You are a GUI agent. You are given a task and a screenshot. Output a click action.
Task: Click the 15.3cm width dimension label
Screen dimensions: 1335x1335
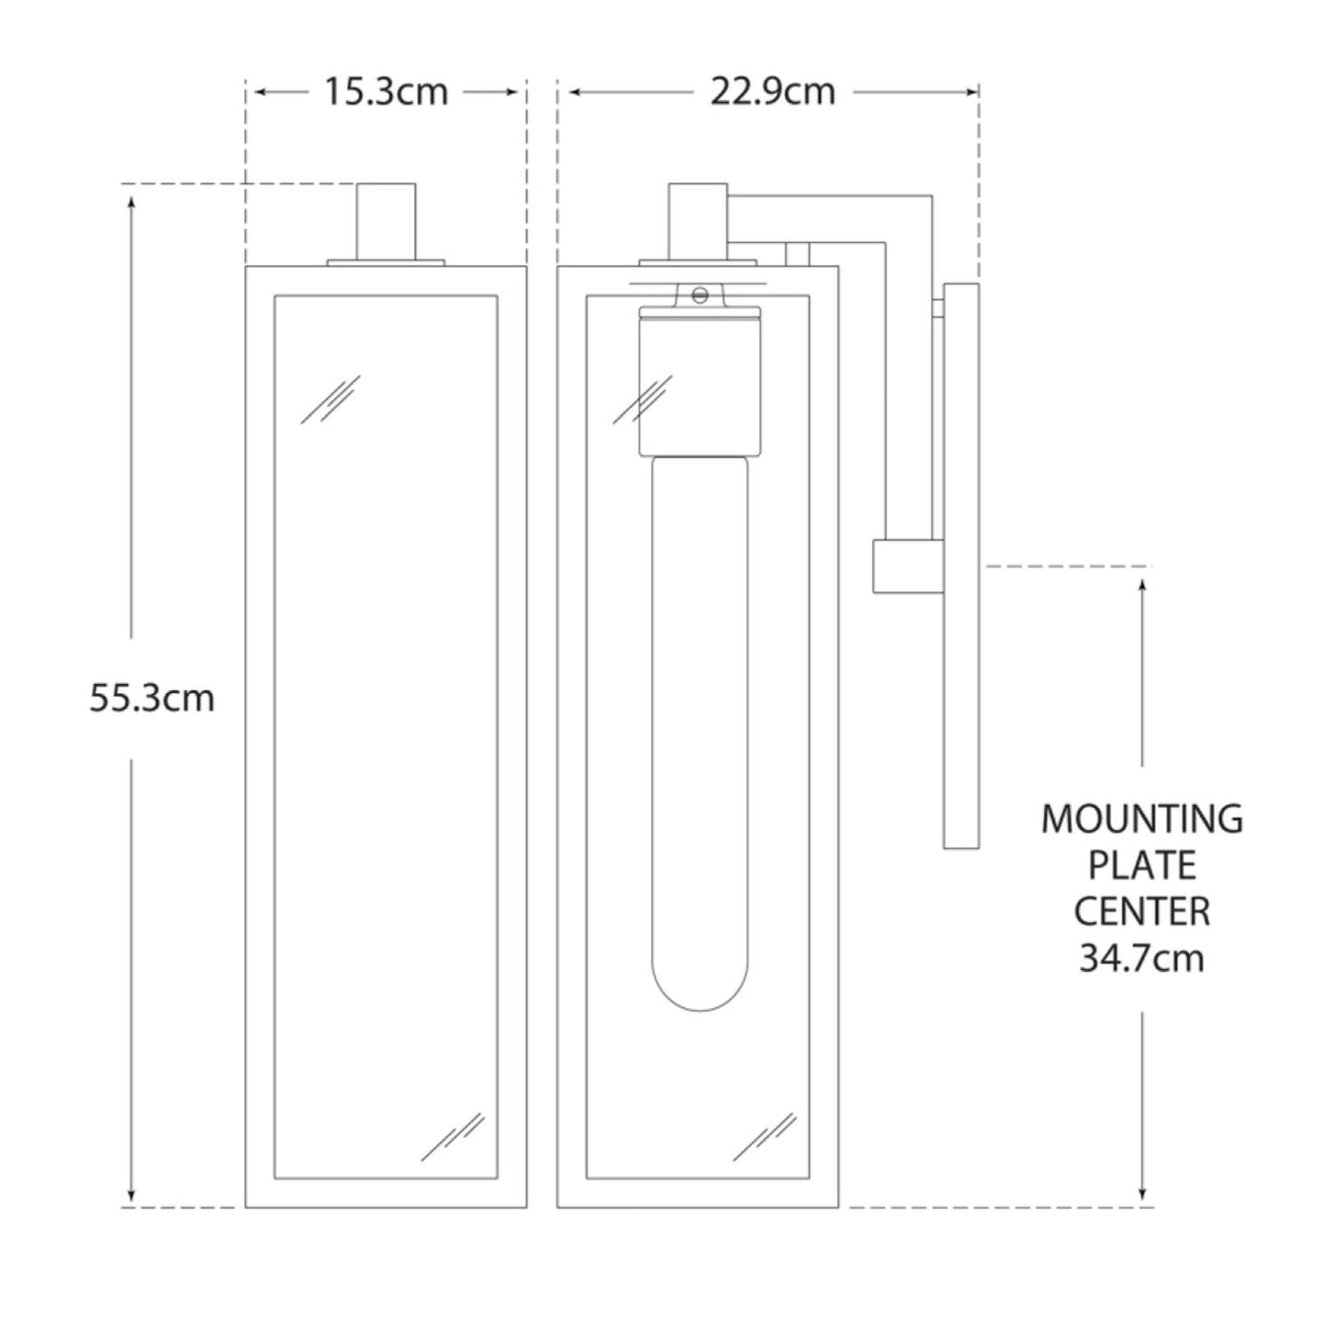[x=386, y=92]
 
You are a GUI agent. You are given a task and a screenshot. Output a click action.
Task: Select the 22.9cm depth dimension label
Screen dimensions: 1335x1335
[x=772, y=92]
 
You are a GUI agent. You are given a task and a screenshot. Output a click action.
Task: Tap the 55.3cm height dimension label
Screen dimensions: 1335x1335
[x=152, y=698]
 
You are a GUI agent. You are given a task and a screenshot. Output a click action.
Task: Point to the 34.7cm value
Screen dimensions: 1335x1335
[x=1142, y=958]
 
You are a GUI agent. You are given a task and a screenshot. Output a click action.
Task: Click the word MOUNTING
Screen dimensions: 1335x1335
[x=1142, y=819]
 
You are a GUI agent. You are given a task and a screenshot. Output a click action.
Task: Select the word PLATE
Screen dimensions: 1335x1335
[x=1142, y=866]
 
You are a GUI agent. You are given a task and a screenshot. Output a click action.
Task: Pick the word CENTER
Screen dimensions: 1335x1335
[x=1142, y=912]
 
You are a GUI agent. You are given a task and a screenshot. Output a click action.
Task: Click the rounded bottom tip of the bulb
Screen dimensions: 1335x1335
[x=699, y=1010]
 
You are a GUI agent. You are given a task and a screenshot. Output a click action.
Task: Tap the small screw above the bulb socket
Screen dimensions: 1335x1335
[x=699, y=296]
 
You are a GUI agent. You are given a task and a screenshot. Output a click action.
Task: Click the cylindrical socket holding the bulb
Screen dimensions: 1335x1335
[x=699, y=382]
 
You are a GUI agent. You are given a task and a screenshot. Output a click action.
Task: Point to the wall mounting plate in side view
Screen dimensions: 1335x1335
[x=961, y=565]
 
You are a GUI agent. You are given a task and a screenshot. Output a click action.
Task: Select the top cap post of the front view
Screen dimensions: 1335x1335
[x=386, y=222]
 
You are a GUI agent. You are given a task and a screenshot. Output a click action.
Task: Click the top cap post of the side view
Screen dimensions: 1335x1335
[x=698, y=222]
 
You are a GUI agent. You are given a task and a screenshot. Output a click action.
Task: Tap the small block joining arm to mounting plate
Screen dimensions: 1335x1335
[x=907, y=566]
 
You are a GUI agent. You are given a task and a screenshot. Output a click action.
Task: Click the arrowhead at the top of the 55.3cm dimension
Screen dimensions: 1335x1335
[x=131, y=202]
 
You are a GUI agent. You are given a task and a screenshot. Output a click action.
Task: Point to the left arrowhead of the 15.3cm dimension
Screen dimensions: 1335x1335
[x=261, y=92]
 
